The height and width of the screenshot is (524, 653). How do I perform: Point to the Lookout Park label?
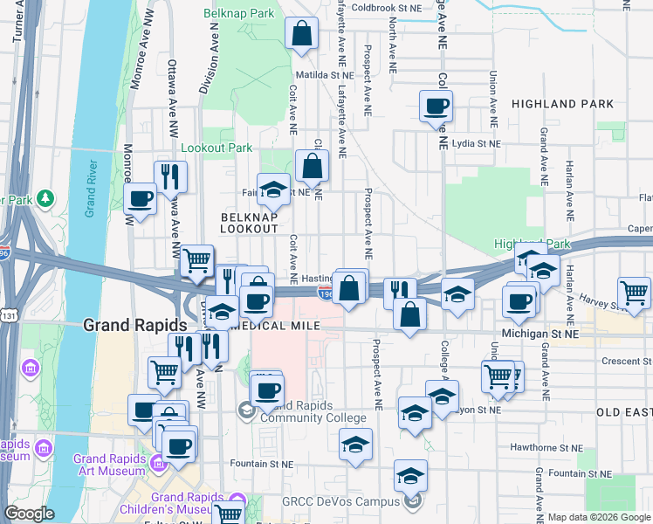coord(216,148)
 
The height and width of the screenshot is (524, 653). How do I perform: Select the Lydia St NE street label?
coord(477,143)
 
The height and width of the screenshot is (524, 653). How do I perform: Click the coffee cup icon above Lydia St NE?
coord(436,107)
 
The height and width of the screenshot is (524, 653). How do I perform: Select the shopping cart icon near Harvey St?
coord(635,293)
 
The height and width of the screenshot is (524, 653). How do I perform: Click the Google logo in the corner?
coord(29,514)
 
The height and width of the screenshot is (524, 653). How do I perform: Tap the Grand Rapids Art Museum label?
coord(109,465)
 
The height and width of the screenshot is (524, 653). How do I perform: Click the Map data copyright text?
coord(598,517)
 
